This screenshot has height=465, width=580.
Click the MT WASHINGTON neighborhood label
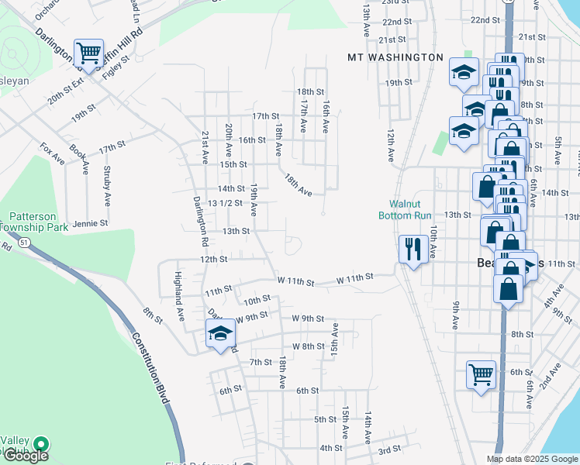tap(395, 57)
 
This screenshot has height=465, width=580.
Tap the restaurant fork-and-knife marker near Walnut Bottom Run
tap(412, 250)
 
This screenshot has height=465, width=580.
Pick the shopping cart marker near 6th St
tap(482, 375)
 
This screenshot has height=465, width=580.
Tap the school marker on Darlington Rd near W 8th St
tap(220, 335)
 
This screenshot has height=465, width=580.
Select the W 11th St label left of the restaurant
tap(355, 277)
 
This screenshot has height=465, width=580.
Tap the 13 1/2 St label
tap(226, 203)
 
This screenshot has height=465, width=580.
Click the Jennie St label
tap(90, 223)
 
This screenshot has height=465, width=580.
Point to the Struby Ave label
tap(107, 188)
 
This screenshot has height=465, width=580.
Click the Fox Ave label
tap(54, 153)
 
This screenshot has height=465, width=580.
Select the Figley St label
tap(114, 68)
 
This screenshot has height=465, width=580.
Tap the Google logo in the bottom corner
tap(26, 455)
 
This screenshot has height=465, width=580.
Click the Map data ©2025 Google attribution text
tap(532, 459)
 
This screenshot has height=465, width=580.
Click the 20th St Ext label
tap(64, 95)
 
